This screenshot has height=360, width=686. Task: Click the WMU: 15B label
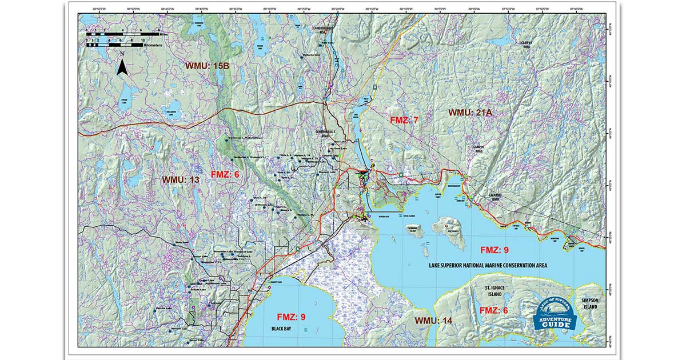[x=207, y=66]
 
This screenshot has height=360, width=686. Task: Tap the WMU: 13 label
[x=181, y=179]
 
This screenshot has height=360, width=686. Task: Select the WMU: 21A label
[x=470, y=113]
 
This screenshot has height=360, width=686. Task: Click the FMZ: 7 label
[x=404, y=121]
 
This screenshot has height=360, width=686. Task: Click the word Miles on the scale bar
[x=165, y=34]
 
